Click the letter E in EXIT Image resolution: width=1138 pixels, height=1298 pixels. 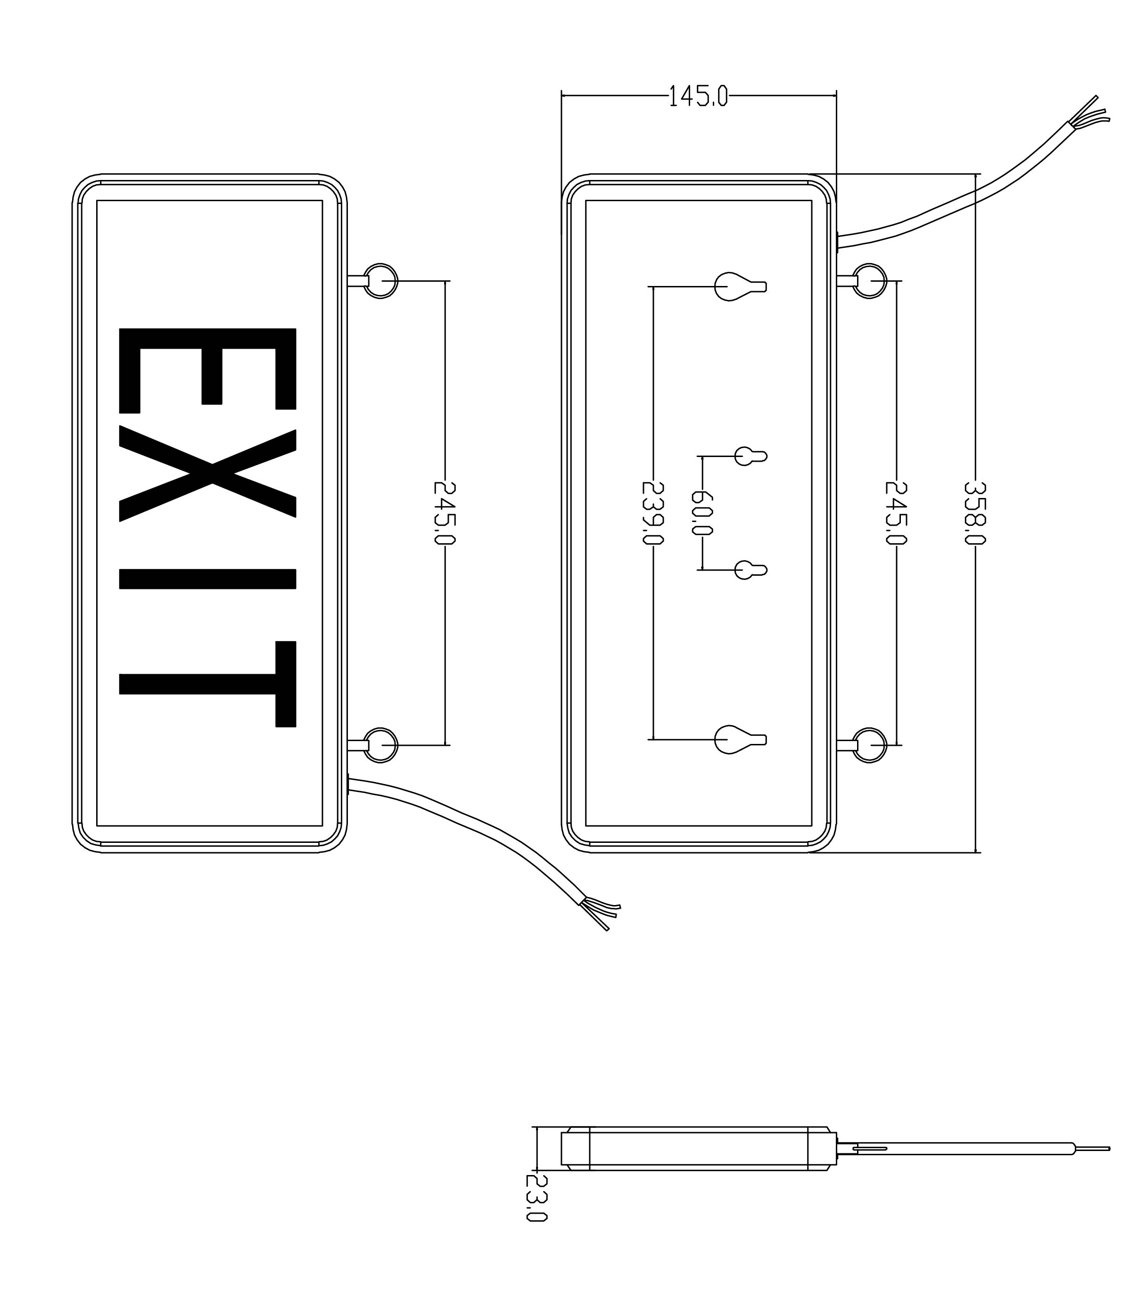point(208,370)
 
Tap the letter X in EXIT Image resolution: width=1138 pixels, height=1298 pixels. point(208,475)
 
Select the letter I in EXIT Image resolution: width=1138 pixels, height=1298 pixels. point(208,579)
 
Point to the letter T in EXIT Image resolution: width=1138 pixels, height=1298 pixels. point(208,684)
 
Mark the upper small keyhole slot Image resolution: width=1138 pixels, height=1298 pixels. point(750,456)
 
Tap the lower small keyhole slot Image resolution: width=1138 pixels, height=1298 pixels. point(750,570)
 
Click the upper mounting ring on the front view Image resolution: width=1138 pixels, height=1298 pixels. point(380,280)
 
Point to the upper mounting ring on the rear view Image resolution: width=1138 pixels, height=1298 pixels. point(869,280)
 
